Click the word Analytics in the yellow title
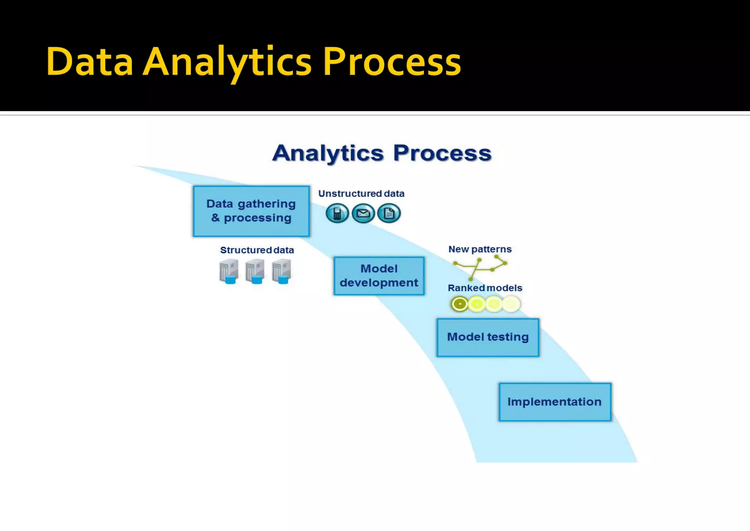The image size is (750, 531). click(227, 62)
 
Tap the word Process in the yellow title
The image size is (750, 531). click(391, 62)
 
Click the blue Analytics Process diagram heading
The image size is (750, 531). click(382, 153)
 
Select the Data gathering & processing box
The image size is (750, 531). click(251, 211)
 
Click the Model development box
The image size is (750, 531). click(379, 276)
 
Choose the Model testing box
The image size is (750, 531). click(488, 337)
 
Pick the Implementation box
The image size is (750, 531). click(554, 402)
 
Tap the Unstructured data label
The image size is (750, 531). click(361, 194)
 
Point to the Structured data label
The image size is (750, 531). click(257, 250)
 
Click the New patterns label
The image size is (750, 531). click(480, 249)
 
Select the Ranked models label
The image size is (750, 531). click(485, 288)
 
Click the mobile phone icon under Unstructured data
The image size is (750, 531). click(337, 213)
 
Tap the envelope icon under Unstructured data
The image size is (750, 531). click(363, 213)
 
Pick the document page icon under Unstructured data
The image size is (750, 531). click(389, 213)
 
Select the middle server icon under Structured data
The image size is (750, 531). click(255, 272)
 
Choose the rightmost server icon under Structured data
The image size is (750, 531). click(282, 272)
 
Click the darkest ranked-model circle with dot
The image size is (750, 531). click(460, 304)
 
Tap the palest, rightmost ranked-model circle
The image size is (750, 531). click(511, 304)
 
